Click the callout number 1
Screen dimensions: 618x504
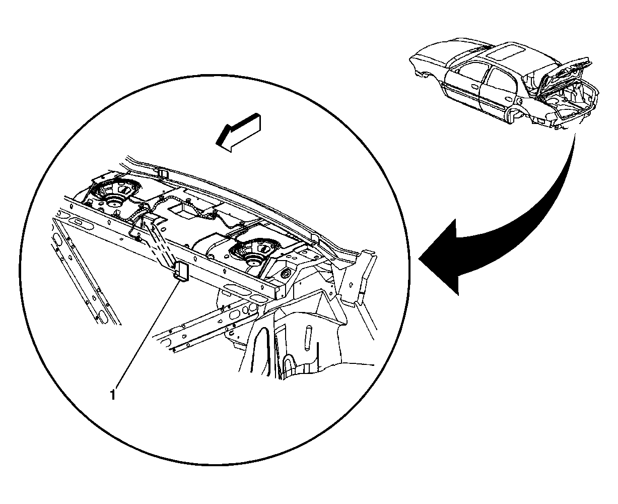113,395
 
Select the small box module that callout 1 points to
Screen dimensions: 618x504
181,271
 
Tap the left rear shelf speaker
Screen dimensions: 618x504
115,194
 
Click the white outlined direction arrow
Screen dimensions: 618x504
239,132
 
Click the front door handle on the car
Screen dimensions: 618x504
475,87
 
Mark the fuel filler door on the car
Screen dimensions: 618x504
519,101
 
